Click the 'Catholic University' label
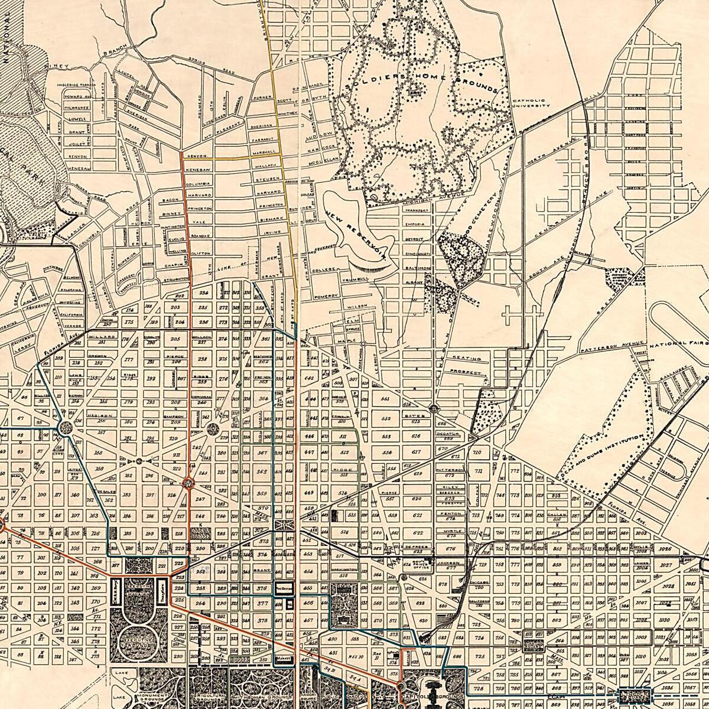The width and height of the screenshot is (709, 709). pyautogui.click(x=532, y=103)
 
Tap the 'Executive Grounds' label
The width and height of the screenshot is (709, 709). pyautogui.click(x=141, y=640)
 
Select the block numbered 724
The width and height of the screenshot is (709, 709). pyautogui.click(x=479, y=639)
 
